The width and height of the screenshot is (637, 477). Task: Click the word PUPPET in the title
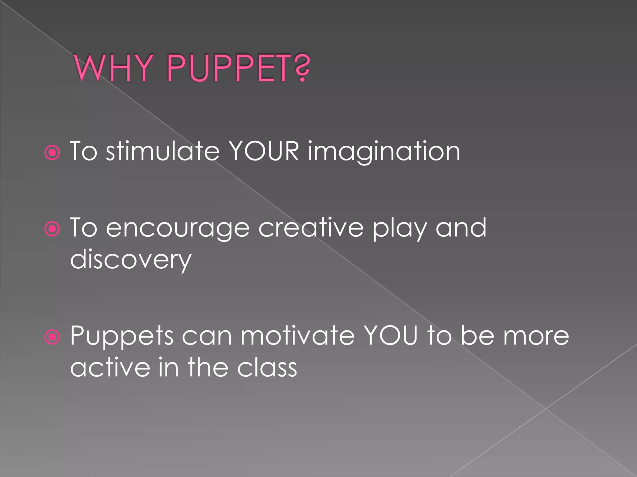coord(229,68)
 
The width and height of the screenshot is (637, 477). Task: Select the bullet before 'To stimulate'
coord(52,153)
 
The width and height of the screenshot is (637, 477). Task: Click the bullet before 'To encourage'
coord(52,229)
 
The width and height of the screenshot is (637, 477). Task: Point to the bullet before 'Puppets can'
coord(52,337)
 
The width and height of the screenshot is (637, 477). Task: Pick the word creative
coord(311,228)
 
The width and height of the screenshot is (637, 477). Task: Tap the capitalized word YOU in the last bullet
coord(391,336)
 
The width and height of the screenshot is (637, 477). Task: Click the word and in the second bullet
coord(461,228)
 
